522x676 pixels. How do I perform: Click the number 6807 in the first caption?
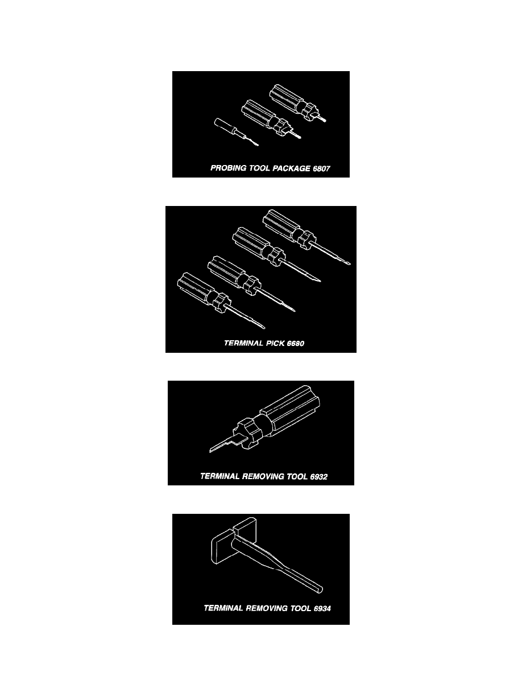321,168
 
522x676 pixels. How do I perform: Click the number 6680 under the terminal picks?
295,343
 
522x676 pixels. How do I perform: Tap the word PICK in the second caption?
275,343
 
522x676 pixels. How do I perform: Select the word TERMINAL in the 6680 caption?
243,343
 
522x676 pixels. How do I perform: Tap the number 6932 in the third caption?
318,477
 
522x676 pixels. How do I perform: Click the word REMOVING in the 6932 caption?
263,476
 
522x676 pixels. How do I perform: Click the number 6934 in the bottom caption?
322,609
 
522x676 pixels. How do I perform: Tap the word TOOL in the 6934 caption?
301,608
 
